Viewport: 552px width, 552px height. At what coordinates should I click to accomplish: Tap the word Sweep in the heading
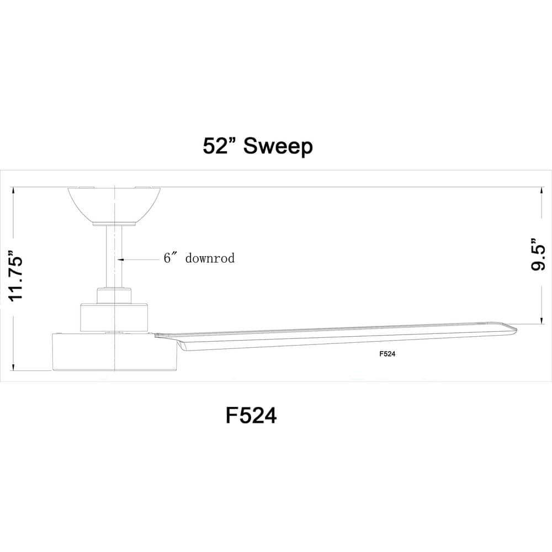278,146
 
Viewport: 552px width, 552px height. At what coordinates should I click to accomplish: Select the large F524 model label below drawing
251,415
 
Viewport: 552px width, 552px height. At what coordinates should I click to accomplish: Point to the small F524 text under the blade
388,355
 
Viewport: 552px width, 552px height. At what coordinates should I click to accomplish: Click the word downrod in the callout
210,258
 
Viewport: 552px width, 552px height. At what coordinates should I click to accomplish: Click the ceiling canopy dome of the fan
114,204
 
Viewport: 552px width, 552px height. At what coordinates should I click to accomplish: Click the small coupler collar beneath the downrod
114,295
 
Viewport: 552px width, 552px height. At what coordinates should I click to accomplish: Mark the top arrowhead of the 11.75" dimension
13,190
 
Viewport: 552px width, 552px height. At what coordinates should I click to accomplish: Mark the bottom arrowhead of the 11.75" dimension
13,367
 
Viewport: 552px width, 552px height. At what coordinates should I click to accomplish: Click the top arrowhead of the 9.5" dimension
538,190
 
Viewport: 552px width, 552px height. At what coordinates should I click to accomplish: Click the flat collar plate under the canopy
114,224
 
